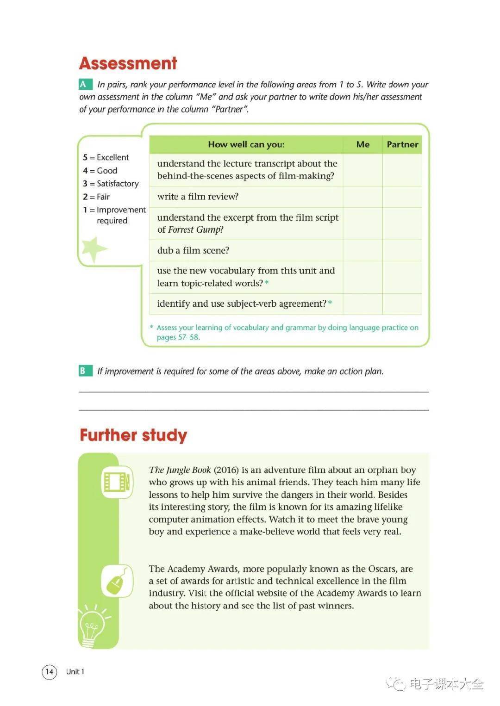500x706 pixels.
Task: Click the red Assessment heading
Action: (128, 63)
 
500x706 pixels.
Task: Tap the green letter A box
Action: (84, 84)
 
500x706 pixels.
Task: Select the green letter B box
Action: (83, 371)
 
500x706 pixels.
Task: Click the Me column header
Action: (362, 144)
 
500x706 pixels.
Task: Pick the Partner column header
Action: (402, 144)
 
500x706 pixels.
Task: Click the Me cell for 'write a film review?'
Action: (362, 197)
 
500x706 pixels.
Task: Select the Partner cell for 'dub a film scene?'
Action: (402, 250)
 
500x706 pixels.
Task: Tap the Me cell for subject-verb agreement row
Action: (362, 304)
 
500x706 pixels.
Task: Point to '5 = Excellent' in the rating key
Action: (106, 157)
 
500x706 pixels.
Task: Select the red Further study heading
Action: (133, 435)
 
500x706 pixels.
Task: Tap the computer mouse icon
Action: (117, 581)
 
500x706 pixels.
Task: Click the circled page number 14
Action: (50, 671)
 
